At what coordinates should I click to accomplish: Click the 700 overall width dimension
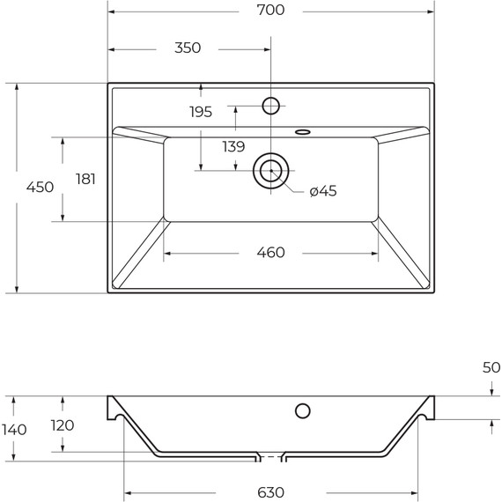click(271, 11)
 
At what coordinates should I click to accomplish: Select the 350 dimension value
click(188, 48)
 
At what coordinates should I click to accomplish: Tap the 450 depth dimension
click(40, 187)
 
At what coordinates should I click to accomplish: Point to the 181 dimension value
click(85, 179)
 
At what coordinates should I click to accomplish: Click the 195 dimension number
click(201, 111)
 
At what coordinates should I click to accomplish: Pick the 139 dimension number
click(233, 147)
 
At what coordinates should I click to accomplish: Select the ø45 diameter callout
click(323, 191)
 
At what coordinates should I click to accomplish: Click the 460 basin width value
click(270, 253)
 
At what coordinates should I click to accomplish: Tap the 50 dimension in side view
click(491, 367)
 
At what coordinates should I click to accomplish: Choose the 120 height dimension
click(62, 425)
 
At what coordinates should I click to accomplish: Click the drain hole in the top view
click(270, 170)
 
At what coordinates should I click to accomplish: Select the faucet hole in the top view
click(271, 106)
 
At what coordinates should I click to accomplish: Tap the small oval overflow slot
click(303, 132)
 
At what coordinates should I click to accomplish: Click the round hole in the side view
click(302, 410)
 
